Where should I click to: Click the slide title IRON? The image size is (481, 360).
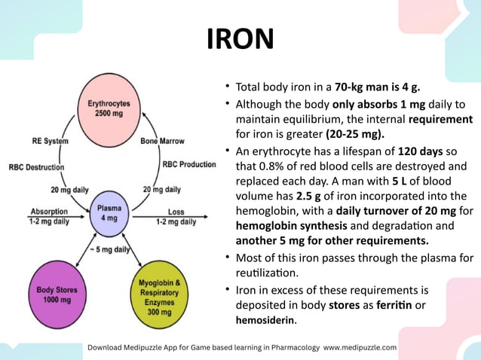click(240, 38)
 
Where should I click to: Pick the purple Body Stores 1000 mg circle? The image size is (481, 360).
click(57, 295)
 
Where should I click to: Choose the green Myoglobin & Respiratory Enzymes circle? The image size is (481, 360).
click(160, 295)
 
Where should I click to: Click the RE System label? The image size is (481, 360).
click(51, 141)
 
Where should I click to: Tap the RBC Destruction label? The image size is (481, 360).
click(36, 167)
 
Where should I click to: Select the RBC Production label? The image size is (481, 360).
click(189, 164)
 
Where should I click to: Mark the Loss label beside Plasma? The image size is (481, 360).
click(176, 212)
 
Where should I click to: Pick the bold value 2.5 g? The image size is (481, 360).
click(304, 198)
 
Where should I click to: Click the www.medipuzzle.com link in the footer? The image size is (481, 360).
click(360, 348)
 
